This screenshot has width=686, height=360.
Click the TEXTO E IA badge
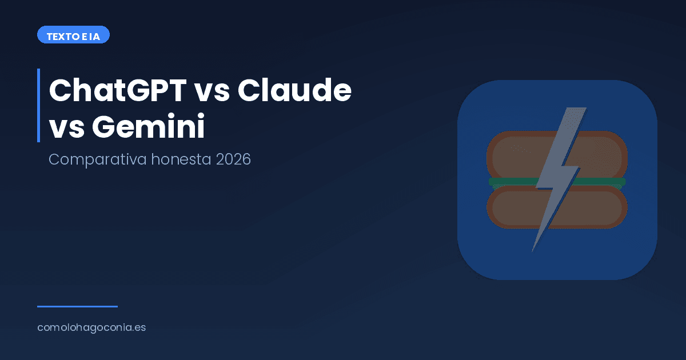(x=73, y=35)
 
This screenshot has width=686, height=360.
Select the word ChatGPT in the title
(x=117, y=90)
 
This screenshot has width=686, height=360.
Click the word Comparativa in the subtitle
(x=98, y=159)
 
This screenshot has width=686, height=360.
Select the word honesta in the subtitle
(x=182, y=159)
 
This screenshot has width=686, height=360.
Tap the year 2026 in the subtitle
(x=234, y=159)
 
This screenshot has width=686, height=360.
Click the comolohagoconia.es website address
(x=91, y=328)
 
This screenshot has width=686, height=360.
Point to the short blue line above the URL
(x=77, y=306)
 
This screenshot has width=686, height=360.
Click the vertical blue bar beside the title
(x=38, y=105)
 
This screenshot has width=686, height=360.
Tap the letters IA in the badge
(x=95, y=35)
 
